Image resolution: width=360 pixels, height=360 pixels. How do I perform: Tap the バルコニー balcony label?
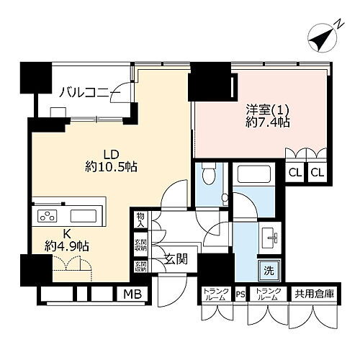tap(85, 91)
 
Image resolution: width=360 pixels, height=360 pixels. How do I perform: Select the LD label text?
tap(110, 153)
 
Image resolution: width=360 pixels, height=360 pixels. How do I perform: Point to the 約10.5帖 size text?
tap(109, 167)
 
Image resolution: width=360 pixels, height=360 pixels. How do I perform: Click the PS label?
tap(240, 294)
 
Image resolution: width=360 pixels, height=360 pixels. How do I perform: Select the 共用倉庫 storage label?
tap(313, 294)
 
